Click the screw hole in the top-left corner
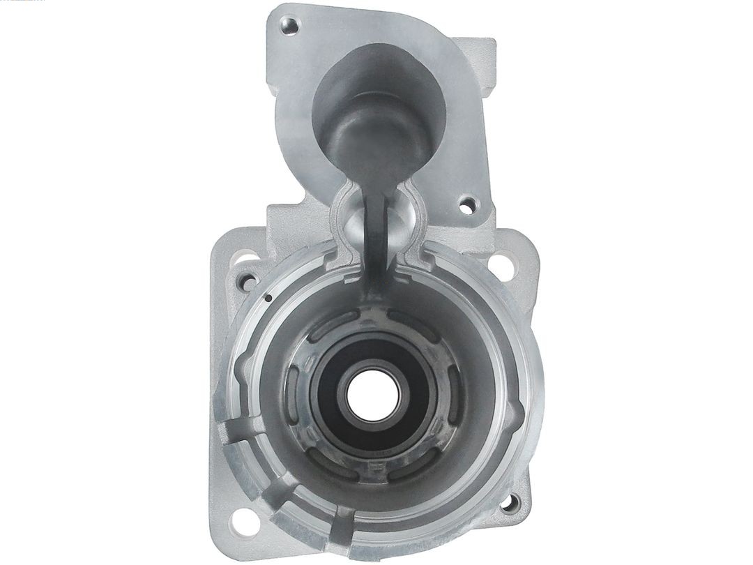[x=288, y=27]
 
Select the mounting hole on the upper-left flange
[x=245, y=282]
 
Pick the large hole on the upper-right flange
[x=503, y=264]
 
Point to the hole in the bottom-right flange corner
[x=514, y=501]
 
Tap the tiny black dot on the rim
[x=268, y=299]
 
